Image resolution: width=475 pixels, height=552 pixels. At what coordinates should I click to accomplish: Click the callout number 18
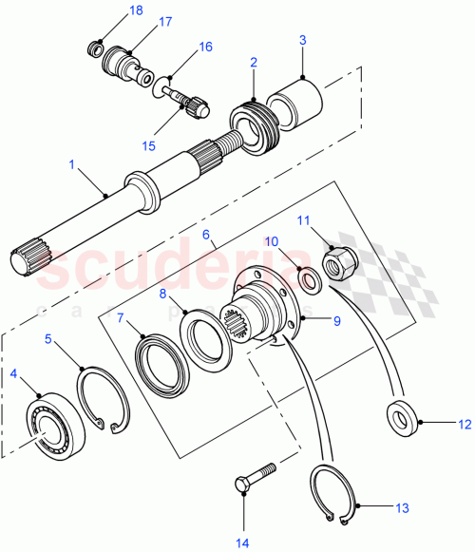coord(137,10)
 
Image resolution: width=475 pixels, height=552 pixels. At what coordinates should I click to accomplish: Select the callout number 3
coord(302,41)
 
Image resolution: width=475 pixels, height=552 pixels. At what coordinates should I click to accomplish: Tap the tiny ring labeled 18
coord(96,46)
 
